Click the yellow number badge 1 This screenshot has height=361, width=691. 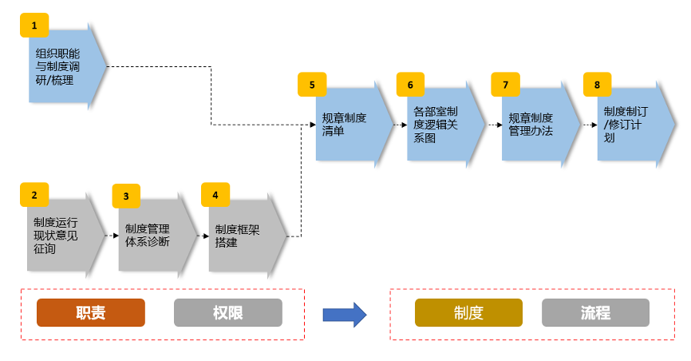[34, 26]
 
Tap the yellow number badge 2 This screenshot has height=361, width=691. [34, 195]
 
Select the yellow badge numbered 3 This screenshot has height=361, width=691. [126, 196]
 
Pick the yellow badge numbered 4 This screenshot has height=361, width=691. [215, 194]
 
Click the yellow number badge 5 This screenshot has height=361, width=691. [312, 84]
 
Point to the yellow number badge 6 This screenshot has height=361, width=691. [410, 84]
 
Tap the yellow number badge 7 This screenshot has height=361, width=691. [504, 84]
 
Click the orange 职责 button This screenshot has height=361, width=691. [90, 313]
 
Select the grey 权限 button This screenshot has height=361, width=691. [227, 313]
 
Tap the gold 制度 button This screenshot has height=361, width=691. [468, 313]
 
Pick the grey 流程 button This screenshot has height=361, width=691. [595, 313]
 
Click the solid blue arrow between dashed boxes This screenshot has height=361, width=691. [344, 314]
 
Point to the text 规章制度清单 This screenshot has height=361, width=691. [344, 125]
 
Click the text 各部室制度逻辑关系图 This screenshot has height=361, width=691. [436, 125]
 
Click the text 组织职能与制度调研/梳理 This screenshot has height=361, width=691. [57, 66]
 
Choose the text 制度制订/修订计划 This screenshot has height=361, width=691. [625, 124]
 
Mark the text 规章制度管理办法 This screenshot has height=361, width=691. [531, 125]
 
